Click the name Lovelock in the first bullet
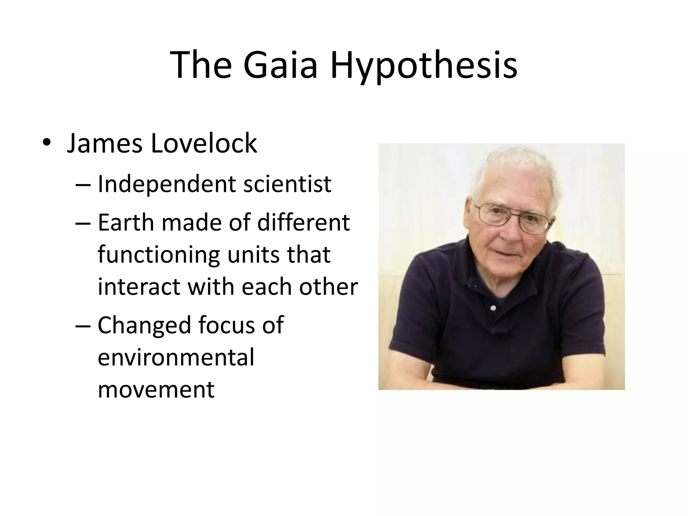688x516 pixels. (204, 143)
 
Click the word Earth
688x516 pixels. (126, 223)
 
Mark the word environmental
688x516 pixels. (176, 357)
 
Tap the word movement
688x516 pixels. (156, 389)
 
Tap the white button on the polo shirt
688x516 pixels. (493, 308)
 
